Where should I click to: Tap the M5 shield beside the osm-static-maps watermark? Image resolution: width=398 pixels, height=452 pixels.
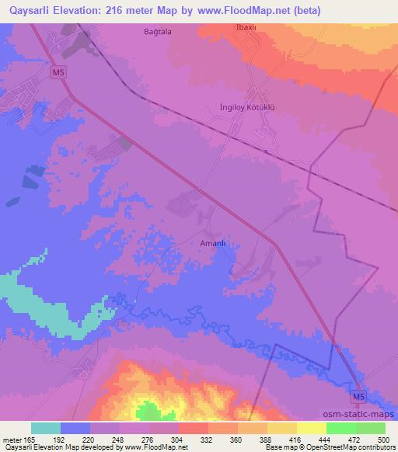click(357, 397)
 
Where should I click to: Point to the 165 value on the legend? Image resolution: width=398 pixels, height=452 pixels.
click(30, 439)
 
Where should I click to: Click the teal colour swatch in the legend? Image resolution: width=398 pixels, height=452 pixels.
click(46, 428)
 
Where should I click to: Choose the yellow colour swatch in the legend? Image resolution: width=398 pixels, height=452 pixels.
click(312, 428)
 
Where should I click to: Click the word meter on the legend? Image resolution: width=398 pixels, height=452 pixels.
click(12, 439)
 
